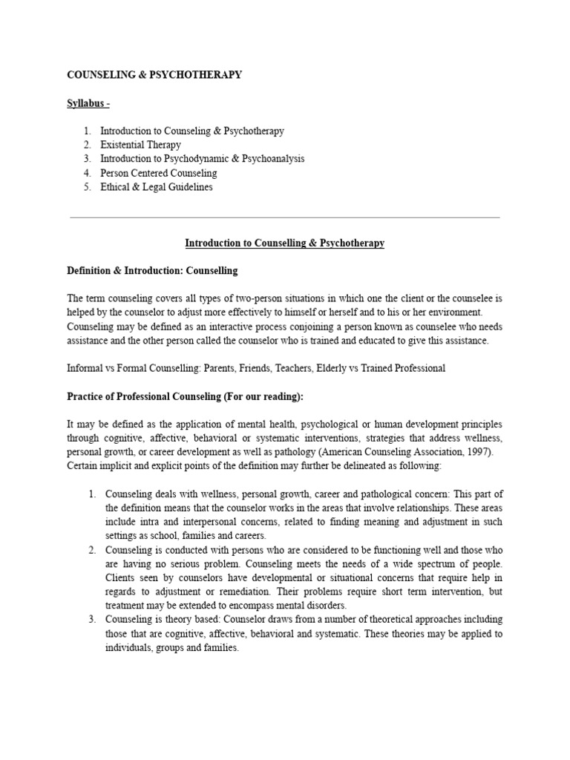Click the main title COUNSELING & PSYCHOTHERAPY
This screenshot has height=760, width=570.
(x=154, y=75)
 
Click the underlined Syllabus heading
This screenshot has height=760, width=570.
(x=89, y=103)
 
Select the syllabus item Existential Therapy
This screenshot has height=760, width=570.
(x=140, y=145)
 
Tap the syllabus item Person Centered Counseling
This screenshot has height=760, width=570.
(x=158, y=173)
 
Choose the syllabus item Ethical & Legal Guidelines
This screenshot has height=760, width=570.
(x=156, y=187)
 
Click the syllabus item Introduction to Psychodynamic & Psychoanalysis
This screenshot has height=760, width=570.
(x=202, y=159)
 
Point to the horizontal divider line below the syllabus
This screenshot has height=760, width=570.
(x=284, y=217)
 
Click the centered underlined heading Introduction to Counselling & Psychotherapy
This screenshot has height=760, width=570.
(x=284, y=243)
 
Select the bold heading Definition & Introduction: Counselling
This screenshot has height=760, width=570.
(x=152, y=270)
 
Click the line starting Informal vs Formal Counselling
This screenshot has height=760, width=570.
(x=256, y=368)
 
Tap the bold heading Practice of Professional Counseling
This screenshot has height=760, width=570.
(x=186, y=396)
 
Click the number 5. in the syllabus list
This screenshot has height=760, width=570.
(x=87, y=187)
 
